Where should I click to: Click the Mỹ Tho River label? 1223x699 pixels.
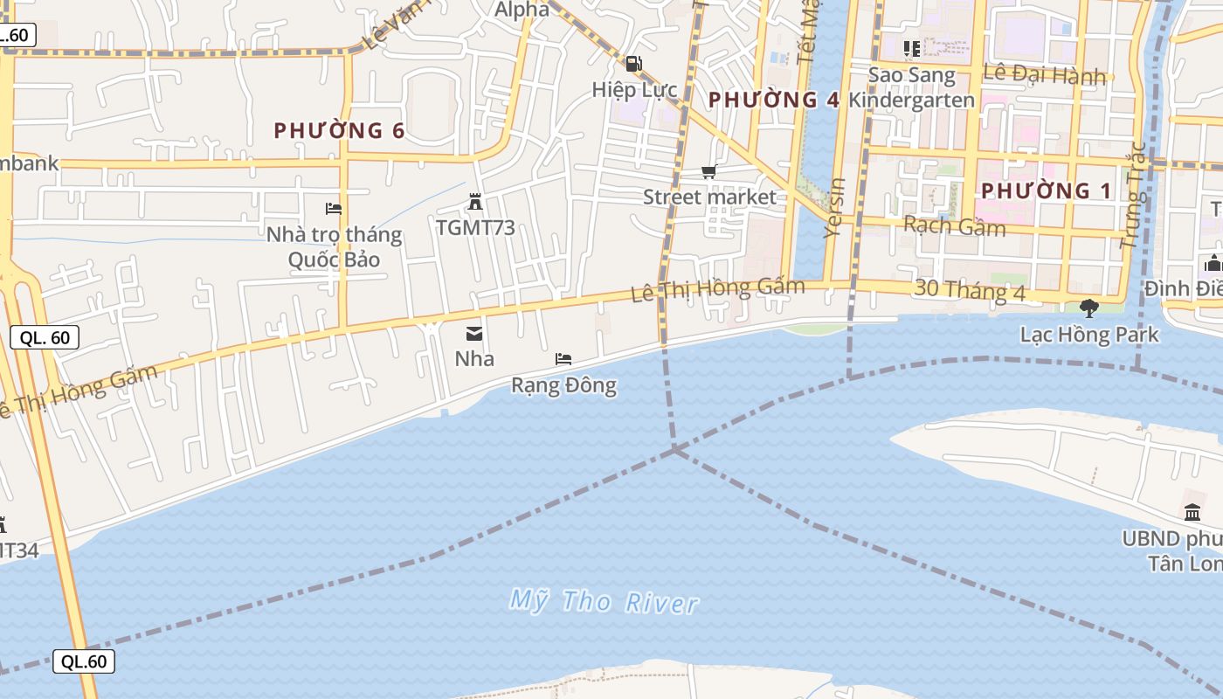tap(604, 601)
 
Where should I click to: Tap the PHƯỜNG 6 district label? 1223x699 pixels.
tap(339, 131)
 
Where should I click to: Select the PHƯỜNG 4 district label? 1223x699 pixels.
tap(773, 100)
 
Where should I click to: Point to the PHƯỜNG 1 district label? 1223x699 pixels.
tap(1047, 190)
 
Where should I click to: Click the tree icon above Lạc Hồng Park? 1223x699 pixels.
tap(1088, 308)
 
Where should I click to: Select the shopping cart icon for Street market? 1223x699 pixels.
tap(708, 172)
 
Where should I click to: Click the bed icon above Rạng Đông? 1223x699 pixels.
tap(563, 359)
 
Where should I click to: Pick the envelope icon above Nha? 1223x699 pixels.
tap(474, 333)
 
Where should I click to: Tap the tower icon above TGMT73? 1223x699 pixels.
tap(474, 203)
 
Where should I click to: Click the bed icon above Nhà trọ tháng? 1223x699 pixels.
tap(333, 208)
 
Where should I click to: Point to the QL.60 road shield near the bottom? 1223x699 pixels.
tap(84, 661)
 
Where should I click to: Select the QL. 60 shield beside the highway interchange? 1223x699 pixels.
tap(45, 337)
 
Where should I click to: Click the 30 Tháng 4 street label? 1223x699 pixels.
tap(970, 291)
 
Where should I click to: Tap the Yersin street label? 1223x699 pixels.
tap(836, 208)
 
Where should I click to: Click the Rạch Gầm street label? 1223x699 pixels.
tap(954, 226)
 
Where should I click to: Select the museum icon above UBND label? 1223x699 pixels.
tap(1192, 512)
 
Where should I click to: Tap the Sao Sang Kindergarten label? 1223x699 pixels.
tap(921, 87)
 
